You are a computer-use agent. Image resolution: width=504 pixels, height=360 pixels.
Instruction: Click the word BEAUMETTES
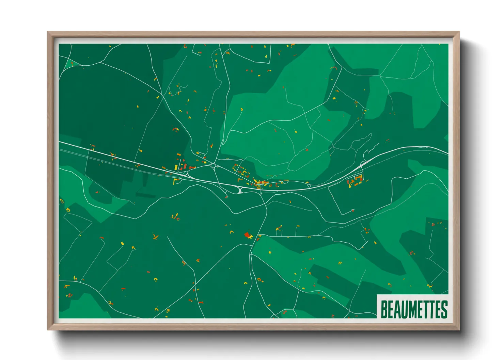coord(413,309)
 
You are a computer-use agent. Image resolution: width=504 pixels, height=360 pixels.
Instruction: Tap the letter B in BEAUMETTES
coord(384,309)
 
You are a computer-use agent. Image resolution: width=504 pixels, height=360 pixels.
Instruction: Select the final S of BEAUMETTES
coord(444,309)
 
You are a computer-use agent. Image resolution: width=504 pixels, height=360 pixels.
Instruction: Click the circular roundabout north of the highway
coord(214,165)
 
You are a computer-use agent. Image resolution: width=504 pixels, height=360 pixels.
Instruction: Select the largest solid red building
coord(247,234)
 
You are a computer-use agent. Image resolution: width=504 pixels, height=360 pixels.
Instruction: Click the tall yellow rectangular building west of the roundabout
coord(176,167)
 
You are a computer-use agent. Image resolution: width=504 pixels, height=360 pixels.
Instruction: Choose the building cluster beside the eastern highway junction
coord(355,181)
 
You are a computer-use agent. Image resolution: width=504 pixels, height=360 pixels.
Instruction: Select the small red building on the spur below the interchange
coord(226,197)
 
